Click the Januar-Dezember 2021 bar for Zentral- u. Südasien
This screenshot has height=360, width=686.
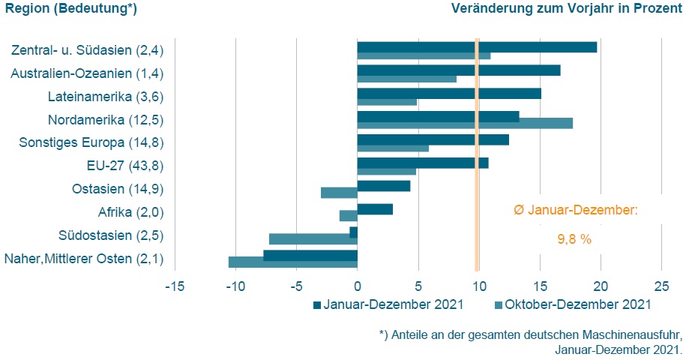point(477,46)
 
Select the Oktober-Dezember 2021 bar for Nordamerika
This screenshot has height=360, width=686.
point(465,123)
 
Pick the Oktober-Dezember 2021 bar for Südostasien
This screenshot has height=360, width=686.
point(313,239)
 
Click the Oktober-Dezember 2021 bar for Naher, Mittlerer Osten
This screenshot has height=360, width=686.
point(292,262)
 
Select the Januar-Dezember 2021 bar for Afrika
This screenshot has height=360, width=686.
point(375,209)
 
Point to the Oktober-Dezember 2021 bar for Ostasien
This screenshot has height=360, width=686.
point(339,193)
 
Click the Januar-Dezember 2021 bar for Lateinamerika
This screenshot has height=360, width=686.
point(449,93)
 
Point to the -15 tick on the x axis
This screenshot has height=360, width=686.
point(175,286)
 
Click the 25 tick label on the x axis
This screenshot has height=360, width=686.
point(661,286)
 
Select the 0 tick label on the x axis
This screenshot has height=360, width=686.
point(358,286)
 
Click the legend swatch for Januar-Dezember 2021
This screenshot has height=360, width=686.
point(317,304)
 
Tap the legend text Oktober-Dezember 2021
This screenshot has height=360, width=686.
point(577,304)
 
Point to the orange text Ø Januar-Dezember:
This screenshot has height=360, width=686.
point(575,210)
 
